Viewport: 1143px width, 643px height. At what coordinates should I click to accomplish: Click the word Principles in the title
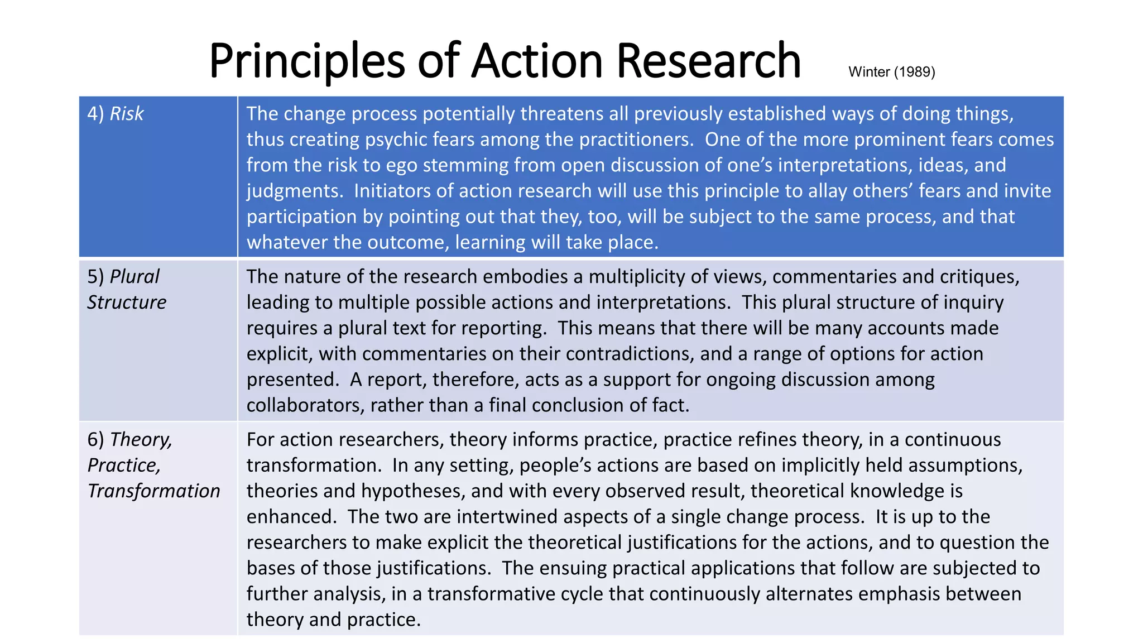pyautogui.click(x=307, y=61)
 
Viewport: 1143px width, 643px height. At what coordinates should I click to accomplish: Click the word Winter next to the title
pyautogui.click(x=868, y=72)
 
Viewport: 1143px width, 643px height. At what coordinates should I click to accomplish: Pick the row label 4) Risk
pyautogui.click(x=116, y=114)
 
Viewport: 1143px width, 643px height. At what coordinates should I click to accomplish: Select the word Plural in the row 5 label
pyautogui.click(x=135, y=277)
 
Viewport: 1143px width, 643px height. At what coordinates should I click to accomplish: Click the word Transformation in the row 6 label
pyautogui.click(x=154, y=491)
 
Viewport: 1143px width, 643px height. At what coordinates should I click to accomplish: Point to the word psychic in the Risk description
pyautogui.click(x=392, y=140)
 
